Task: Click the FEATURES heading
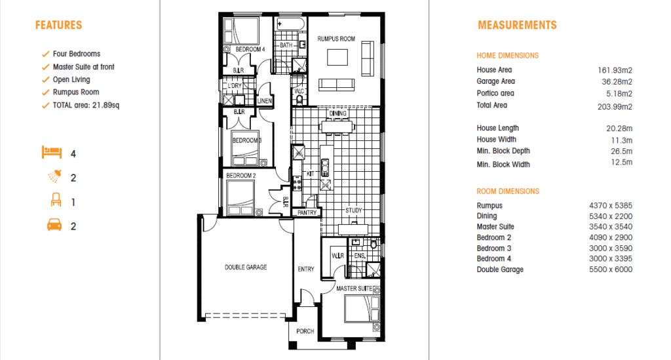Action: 58,26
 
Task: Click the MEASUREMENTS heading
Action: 517,26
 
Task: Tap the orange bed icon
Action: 52,152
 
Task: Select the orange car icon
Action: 54,225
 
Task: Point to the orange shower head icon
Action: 55,176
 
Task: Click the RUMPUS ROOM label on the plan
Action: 336,39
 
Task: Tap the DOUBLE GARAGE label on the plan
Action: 246,267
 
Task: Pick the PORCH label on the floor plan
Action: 305,331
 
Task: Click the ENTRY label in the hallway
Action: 306,270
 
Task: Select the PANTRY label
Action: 307,212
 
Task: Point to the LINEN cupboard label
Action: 265,101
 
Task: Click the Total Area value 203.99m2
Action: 615,107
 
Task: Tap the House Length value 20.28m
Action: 619,129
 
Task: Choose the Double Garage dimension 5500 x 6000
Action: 611,270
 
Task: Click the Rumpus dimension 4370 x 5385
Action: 611,205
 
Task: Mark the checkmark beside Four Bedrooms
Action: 45,54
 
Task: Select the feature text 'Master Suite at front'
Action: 83,67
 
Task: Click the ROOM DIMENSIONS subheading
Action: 508,191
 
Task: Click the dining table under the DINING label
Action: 337,127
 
